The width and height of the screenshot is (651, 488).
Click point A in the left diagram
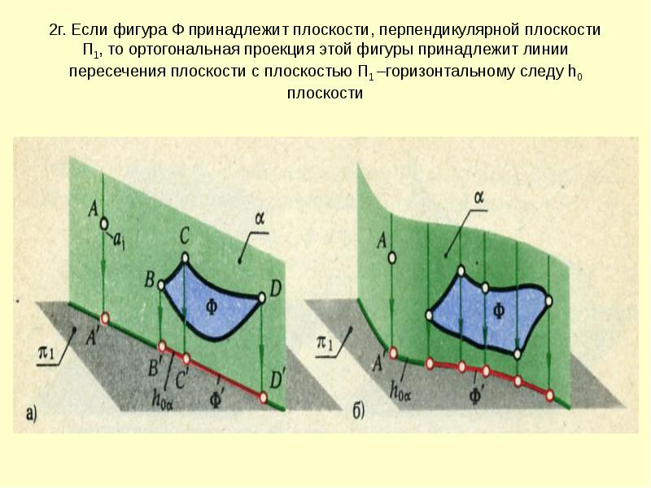(x=104, y=224)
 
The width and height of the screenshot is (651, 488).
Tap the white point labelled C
(x=186, y=259)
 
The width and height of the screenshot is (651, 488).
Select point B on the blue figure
(x=161, y=285)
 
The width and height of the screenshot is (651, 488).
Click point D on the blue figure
(x=261, y=298)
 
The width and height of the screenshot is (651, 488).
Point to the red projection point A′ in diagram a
(x=105, y=319)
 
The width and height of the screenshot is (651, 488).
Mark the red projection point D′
(x=263, y=398)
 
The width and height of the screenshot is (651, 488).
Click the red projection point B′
(x=162, y=346)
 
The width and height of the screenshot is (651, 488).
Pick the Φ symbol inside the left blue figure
(x=212, y=307)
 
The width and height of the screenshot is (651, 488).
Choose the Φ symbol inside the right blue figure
(x=499, y=310)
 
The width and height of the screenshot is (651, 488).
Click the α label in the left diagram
(x=260, y=219)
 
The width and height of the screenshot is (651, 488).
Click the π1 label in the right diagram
(x=325, y=343)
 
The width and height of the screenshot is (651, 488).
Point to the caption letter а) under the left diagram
(x=32, y=414)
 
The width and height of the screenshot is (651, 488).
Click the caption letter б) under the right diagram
(x=359, y=412)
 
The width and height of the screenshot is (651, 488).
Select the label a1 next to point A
(x=119, y=242)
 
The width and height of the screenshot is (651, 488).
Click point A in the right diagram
(x=392, y=258)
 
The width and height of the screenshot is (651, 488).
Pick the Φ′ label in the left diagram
(x=216, y=400)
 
